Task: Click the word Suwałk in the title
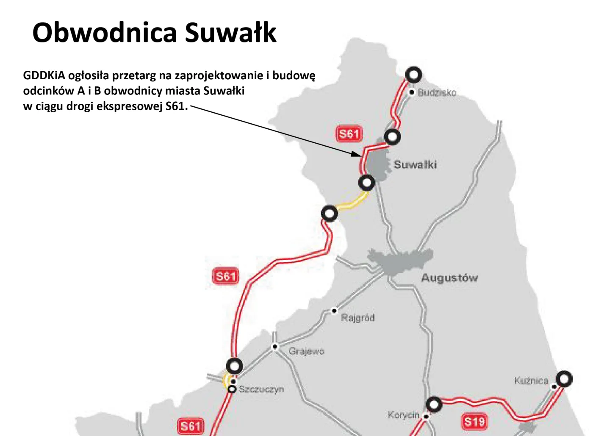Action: pos(231,33)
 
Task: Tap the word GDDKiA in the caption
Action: pos(44,76)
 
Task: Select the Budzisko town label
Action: pos(437,92)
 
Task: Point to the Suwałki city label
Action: pos(415,164)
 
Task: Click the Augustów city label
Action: pos(449,278)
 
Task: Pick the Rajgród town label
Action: pos(358,317)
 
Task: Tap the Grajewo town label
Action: pos(306,351)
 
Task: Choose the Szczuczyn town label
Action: pos(261,389)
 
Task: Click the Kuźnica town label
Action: pos(531,380)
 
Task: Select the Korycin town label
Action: pos(403,415)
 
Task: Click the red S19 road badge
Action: pos(474,422)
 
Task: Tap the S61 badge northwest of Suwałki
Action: pos(349,134)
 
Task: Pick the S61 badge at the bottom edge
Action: pos(191,426)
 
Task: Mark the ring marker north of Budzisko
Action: pos(413,75)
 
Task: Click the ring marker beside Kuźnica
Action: pos(564,379)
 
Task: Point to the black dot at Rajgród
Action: pos(334,311)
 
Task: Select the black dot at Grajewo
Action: pos(275,347)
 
